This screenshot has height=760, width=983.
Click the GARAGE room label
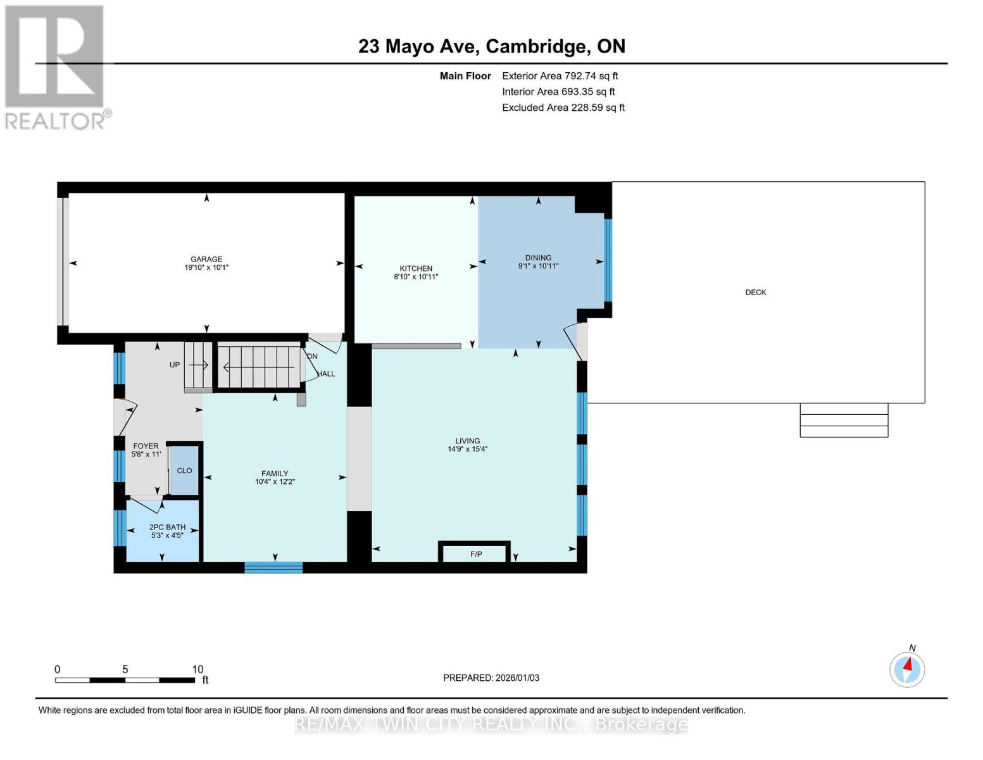tap(206, 259)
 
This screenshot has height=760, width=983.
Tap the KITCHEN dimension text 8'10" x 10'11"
tap(416, 277)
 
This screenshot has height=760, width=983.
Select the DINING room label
tap(538, 258)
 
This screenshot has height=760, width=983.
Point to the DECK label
tap(755, 293)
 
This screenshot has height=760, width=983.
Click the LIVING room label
tap(468, 441)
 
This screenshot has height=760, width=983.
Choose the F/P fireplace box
tap(475, 554)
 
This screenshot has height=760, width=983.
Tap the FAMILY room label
tap(275, 473)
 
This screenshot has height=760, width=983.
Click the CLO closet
tap(185, 471)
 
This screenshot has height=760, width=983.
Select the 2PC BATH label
tap(167, 527)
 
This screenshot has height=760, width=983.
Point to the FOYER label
tap(146, 446)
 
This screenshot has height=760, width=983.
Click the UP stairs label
tap(175, 365)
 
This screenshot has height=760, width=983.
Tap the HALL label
tap(326, 374)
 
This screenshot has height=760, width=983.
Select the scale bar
tap(125, 680)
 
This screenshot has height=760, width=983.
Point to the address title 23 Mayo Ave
tap(491, 46)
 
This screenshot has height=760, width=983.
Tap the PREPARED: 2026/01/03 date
tap(491, 678)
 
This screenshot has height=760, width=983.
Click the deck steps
tap(844, 420)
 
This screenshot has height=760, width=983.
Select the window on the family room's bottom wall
tap(273, 567)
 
